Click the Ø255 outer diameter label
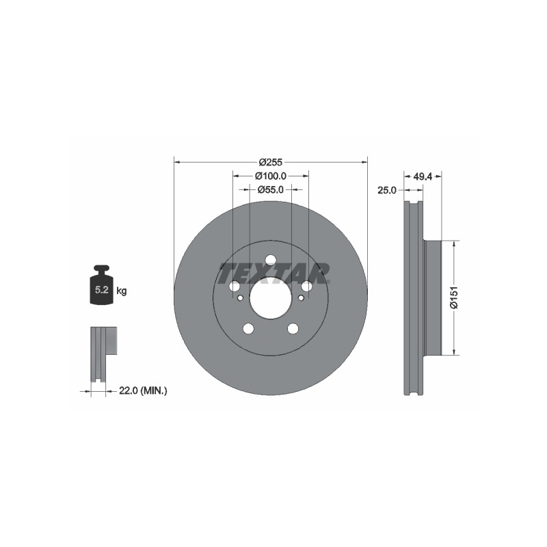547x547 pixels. (x=270, y=162)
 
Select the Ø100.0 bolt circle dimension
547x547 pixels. (x=270, y=176)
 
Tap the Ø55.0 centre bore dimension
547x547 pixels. (x=270, y=189)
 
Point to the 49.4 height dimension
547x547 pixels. (x=423, y=177)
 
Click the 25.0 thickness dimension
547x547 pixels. (x=387, y=191)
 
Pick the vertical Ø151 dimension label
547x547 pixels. (x=454, y=297)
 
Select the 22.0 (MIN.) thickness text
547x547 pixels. (x=143, y=391)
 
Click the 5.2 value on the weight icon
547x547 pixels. (x=101, y=289)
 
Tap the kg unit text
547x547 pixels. (x=122, y=291)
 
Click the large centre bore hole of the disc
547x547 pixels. (x=270, y=297)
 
